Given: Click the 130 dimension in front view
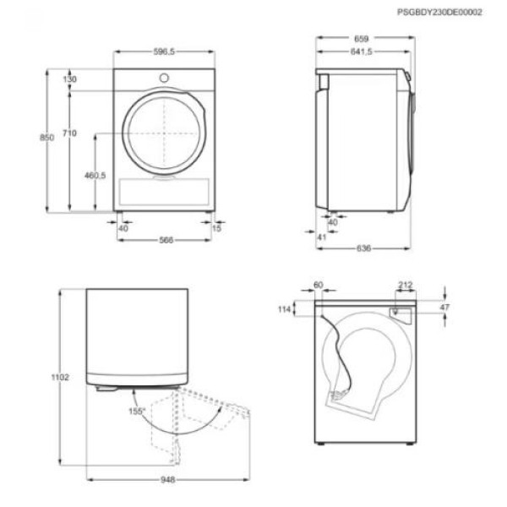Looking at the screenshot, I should pyautogui.click(x=70, y=79).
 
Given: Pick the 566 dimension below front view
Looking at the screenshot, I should pyautogui.click(x=166, y=240).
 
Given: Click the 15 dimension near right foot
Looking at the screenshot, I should pyautogui.click(x=217, y=227).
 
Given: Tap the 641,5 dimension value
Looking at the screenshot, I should pyautogui.click(x=361, y=52).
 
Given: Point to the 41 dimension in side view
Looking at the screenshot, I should pyautogui.click(x=321, y=237).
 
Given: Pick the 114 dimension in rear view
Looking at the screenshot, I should pyautogui.click(x=283, y=311).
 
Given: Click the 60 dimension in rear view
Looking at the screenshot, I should pyautogui.click(x=319, y=286).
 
